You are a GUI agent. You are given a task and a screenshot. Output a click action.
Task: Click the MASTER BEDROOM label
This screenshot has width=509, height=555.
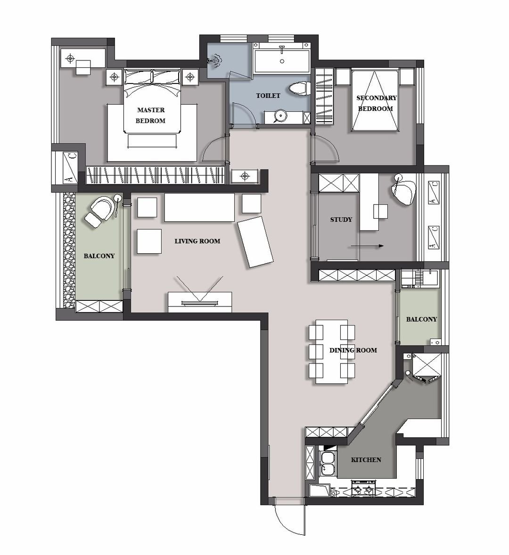pos(151,116)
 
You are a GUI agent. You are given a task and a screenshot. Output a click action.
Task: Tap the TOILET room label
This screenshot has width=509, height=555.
pos(268,96)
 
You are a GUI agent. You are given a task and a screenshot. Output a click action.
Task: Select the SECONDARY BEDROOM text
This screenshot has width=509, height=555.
pos(377,103)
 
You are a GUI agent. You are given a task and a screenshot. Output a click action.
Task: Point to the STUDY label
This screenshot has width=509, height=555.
pos(341,219)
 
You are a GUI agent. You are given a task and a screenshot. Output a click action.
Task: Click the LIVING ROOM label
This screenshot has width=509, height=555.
pos(197,241)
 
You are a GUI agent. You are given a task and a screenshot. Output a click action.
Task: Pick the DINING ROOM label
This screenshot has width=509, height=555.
pos(353,350)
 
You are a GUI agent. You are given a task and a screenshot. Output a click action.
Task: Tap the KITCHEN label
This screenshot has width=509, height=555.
pos(366,460)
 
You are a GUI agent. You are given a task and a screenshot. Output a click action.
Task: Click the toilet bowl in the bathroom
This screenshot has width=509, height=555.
pos(299,88)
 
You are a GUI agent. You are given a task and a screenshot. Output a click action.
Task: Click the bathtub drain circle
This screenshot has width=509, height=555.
pos(282,61)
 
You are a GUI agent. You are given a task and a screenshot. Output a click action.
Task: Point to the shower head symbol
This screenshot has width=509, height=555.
pos(215,61)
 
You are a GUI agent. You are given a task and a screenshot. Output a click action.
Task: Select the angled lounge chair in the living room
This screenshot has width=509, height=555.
pos(255,242)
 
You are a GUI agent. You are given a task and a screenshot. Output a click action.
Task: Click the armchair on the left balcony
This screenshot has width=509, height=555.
pos(99,212)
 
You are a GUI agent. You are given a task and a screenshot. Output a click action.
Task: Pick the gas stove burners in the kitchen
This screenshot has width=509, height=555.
pos(362,488)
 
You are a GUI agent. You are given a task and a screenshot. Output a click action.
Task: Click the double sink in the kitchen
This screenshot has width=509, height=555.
pos(328,464)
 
